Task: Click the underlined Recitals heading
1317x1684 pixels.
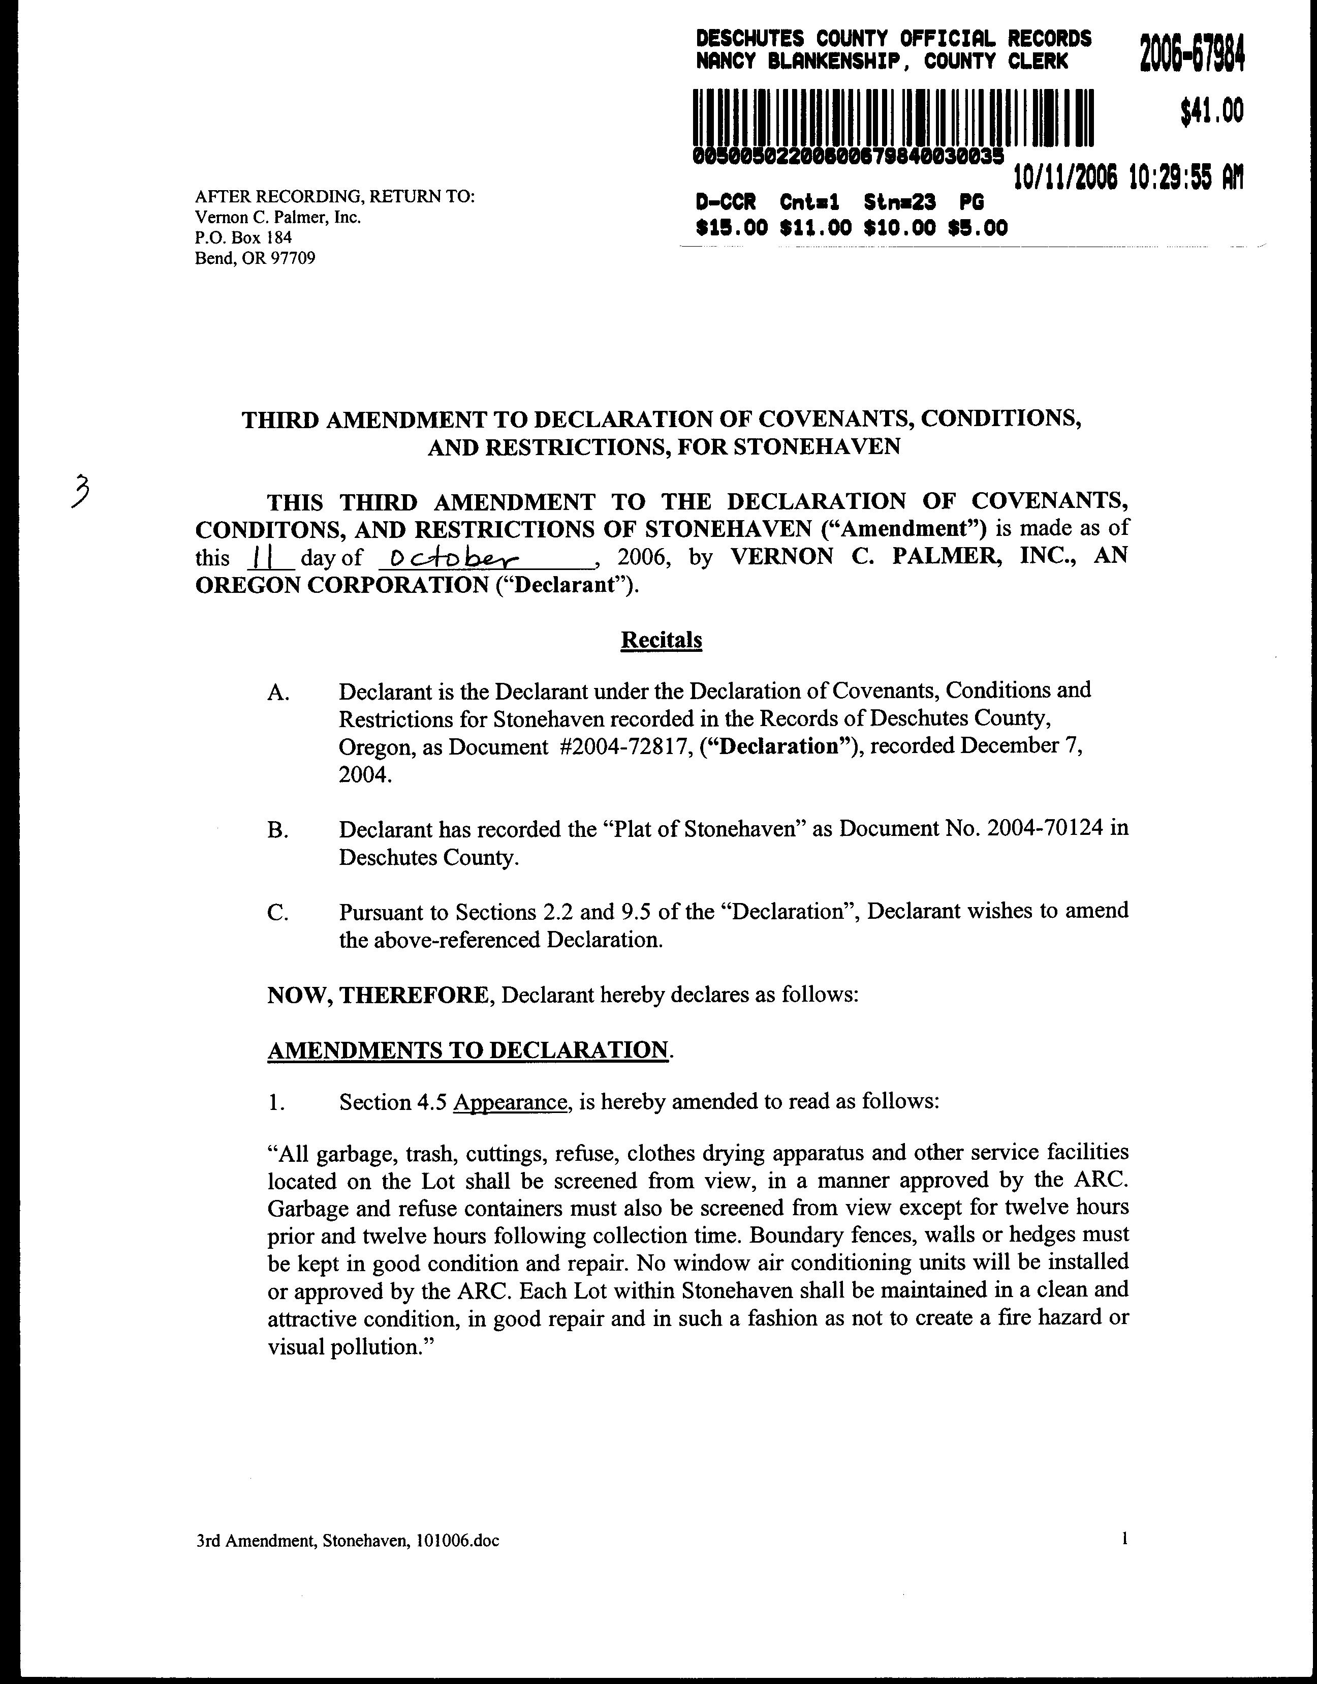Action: [x=661, y=640]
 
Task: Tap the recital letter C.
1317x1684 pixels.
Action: [x=277, y=913]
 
